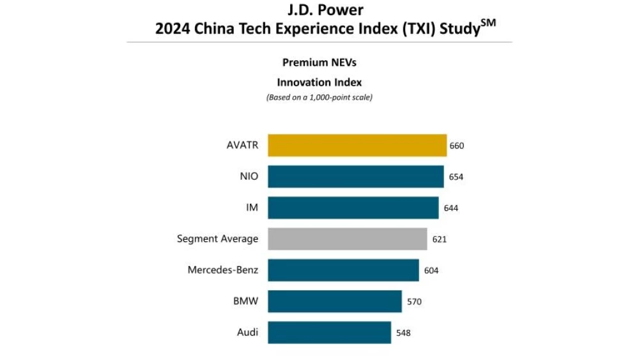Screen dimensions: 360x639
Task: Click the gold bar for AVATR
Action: click(357, 145)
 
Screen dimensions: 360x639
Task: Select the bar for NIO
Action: click(355, 176)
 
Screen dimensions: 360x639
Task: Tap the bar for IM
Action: click(353, 208)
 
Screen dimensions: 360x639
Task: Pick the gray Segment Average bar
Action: click(347, 239)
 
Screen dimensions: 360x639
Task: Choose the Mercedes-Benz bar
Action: click(343, 270)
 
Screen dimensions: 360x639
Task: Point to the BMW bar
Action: click(334, 301)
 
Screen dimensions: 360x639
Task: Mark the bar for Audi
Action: click(329, 333)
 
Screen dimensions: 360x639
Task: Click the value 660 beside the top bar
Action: click(457, 146)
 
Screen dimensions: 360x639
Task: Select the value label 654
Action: click(456, 177)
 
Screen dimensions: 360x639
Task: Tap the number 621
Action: click(439, 239)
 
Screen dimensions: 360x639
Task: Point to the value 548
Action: click(403, 333)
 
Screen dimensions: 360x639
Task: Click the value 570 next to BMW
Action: click(414, 302)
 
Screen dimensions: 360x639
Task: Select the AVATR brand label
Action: click(242, 145)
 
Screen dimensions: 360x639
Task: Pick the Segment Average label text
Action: click(217, 239)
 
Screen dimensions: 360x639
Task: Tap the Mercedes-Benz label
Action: click(222, 270)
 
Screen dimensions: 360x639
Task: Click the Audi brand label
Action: click(247, 333)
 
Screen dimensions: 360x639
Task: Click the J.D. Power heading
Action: click(319, 10)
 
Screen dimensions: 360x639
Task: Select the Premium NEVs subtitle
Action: click(319, 63)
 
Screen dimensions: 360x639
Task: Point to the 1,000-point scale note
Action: click(319, 98)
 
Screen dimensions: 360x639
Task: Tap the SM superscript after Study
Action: click(489, 24)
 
